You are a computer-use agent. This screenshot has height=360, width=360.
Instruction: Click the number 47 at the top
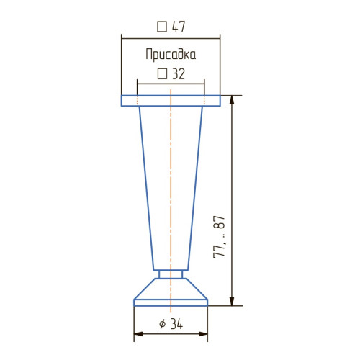(179, 27)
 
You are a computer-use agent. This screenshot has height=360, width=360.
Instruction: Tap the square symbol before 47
(162, 27)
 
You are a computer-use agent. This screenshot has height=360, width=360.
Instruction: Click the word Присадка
(171, 55)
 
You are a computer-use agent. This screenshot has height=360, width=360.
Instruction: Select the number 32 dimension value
(179, 74)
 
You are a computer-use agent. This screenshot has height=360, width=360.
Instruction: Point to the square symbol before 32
(162, 74)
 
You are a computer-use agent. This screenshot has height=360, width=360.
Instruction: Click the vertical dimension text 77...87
(219, 237)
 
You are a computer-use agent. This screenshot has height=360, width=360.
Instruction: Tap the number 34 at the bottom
(177, 324)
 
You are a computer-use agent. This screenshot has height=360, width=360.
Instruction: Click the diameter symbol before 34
(163, 324)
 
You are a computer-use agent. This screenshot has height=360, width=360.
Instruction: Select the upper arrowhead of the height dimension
(232, 100)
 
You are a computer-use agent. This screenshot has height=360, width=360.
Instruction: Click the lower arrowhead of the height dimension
(232, 301)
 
